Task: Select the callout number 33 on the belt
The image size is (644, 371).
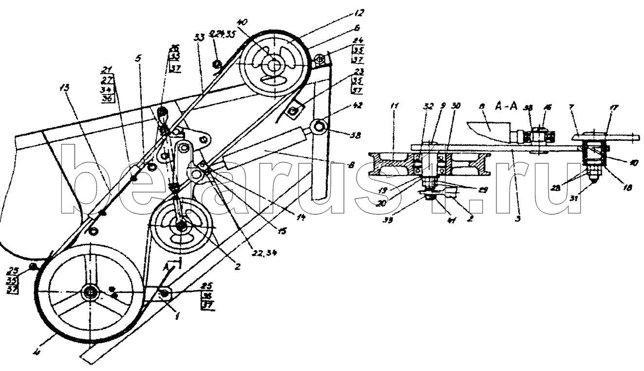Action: tap(199, 37)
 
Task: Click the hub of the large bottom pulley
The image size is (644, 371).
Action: tap(91, 292)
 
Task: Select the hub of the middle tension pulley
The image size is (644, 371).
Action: tap(182, 227)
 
